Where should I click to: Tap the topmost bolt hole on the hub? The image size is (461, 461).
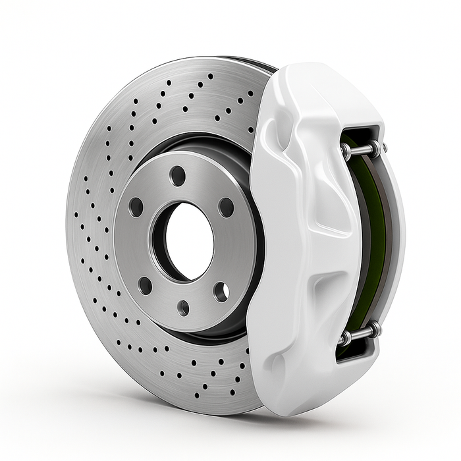(x=177, y=176)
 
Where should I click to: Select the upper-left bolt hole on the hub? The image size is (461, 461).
(x=136, y=207)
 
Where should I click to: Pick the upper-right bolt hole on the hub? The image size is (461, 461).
(x=226, y=207)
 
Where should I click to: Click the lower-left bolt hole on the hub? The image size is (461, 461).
(x=145, y=285)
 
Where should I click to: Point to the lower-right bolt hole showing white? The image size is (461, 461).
(x=221, y=291)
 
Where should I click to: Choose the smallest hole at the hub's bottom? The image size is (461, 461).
(x=183, y=308)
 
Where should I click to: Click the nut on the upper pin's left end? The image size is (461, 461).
(x=346, y=151)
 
